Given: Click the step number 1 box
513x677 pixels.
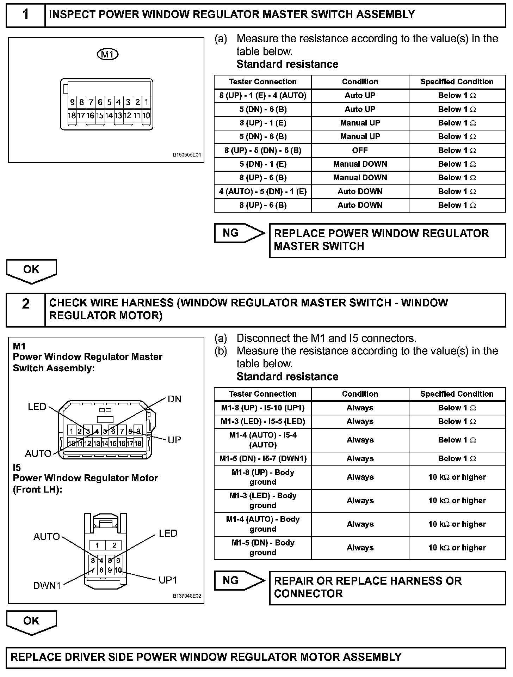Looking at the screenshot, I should (x=26, y=15).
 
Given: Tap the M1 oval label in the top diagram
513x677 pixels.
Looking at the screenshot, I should (x=107, y=54).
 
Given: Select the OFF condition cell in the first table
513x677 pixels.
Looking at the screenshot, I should (x=360, y=151).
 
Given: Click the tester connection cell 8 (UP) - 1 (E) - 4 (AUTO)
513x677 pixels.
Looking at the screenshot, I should (x=263, y=96).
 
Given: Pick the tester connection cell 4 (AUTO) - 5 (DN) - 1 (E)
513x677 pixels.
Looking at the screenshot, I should (x=263, y=191).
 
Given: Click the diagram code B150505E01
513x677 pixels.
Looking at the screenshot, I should (x=187, y=155).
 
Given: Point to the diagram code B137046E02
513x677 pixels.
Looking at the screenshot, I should (x=187, y=596).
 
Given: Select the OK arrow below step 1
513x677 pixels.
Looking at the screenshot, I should (x=31, y=270).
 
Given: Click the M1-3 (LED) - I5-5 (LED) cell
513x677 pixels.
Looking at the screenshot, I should (x=263, y=421).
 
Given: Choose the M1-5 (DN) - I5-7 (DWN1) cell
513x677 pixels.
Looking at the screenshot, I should (x=263, y=459).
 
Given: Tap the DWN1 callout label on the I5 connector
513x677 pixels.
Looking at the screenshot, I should (x=47, y=586).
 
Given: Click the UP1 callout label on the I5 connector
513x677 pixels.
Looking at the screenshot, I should (x=168, y=580).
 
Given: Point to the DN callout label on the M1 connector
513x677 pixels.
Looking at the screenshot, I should (x=174, y=399).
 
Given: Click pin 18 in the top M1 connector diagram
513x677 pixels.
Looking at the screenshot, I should (x=72, y=115).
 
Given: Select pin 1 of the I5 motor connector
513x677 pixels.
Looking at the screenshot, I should (x=97, y=545).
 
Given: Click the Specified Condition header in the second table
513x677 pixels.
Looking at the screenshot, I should (x=457, y=394).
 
